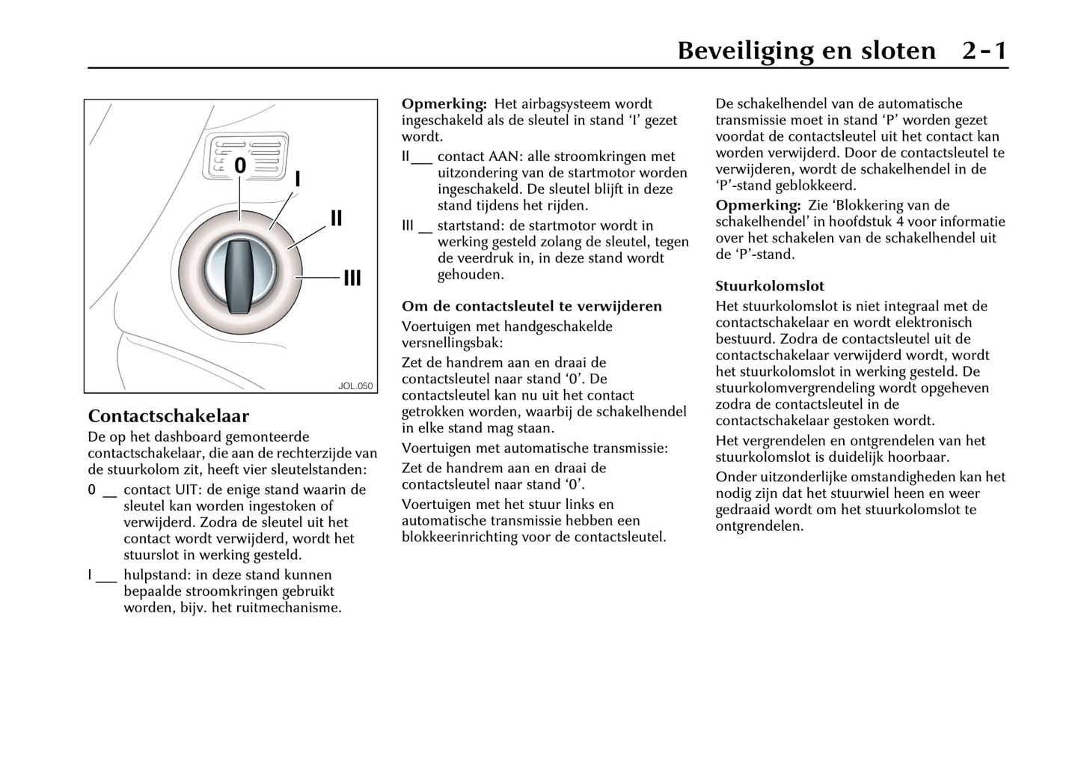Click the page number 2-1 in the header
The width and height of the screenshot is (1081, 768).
[x=984, y=51]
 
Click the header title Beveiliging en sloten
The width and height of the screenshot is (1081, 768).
[x=806, y=51]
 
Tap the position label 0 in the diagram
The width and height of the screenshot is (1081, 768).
[x=240, y=165]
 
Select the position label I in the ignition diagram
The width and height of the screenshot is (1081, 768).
[x=298, y=180]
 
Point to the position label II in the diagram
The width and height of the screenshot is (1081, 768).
[x=336, y=218]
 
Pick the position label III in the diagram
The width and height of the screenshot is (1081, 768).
[x=352, y=278]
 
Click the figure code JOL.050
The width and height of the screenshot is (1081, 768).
[x=355, y=386]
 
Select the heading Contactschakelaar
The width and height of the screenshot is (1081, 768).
[x=168, y=416]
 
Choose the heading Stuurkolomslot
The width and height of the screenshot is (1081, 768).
[x=770, y=286]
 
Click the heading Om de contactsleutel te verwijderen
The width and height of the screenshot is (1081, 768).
[x=532, y=306]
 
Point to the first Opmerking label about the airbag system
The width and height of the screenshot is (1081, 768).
[x=444, y=104]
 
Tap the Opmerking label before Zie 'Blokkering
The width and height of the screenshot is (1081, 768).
[x=758, y=205]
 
